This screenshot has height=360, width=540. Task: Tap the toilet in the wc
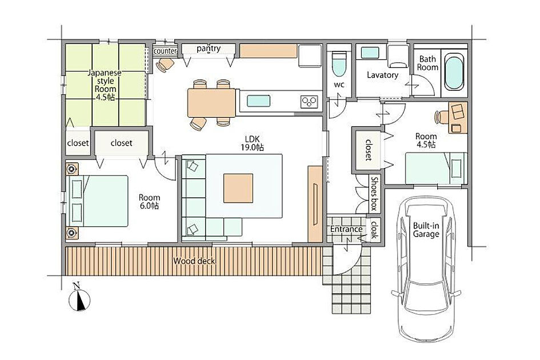(339, 64)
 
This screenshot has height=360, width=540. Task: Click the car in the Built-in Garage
(426, 269)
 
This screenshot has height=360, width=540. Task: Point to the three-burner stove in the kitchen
(309, 102)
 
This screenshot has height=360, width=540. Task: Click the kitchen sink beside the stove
(258, 101)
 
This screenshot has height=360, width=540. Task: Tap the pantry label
(209, 49)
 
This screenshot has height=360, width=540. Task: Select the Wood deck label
(194, 261)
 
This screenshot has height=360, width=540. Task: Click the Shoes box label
(374, 193)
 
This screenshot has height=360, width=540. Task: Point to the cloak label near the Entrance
(374, 230)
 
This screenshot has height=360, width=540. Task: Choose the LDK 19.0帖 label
(253, 143)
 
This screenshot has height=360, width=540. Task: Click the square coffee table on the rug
(238, 188)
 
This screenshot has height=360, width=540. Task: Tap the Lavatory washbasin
(370, 53)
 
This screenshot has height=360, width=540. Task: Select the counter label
(165, 51)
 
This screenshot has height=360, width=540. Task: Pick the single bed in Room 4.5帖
(437, 169)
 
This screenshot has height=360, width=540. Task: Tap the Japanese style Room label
(105, 85)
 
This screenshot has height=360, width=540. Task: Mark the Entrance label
(346, 229)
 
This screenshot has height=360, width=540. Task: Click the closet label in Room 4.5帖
(369, 150)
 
